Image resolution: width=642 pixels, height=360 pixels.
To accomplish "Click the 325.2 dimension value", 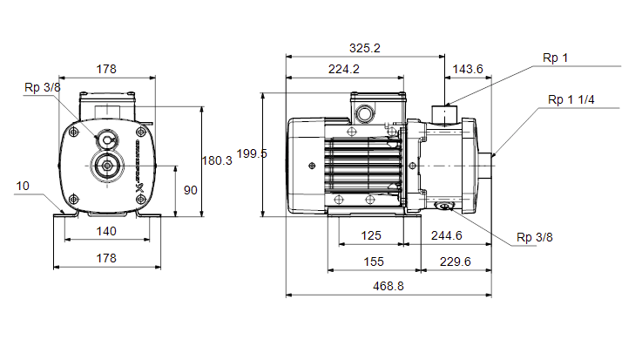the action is (x=364, y=48).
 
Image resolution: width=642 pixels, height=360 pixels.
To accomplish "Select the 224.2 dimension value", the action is (x=344, y=69).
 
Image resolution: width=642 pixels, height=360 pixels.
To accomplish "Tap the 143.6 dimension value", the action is (x=468, y=69).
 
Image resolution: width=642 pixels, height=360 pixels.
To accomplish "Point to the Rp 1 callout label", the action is (x=555, y=58).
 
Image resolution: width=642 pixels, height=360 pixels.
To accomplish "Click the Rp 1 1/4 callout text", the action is (x=571, y=100).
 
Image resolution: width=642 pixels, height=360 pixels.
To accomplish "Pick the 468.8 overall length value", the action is (x=389, y=286).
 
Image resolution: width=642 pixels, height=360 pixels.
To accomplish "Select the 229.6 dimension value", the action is (x=456, y=262).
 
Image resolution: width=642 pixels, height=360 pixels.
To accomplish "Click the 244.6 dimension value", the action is (x=446, y=236).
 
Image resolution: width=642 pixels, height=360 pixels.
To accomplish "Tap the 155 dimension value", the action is (x=374, y=262).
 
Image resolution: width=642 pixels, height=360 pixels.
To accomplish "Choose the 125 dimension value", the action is (x=371, y=236).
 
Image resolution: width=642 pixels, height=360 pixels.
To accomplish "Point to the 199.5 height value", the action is (x=252, y=154).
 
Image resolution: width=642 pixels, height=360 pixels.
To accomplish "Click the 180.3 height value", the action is (x=217, y=161).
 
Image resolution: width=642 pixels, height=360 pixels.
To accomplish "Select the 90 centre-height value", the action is (x=191, y=190).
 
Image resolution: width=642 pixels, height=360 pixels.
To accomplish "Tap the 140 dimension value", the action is (x=106, y=231).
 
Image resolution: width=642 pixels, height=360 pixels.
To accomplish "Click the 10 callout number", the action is (x=23, y=187).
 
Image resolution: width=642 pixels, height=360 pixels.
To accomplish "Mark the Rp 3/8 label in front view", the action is (x=43, y=88).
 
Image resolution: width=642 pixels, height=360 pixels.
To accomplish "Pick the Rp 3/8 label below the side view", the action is (x=534, y=238).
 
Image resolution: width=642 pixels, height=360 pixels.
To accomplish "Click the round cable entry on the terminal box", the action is (x=364, y=113).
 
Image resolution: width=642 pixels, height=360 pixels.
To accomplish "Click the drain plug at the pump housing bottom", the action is (x=444, y=206).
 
